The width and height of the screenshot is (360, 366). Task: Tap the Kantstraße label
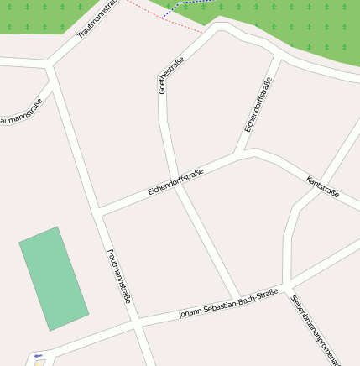[323, 187]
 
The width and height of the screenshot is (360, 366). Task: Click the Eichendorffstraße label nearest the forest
[258, 105]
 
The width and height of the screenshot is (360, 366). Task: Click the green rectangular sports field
[54, 279]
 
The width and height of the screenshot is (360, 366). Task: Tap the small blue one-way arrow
[37, 356]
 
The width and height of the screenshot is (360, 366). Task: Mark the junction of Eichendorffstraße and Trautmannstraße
[100, 211]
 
